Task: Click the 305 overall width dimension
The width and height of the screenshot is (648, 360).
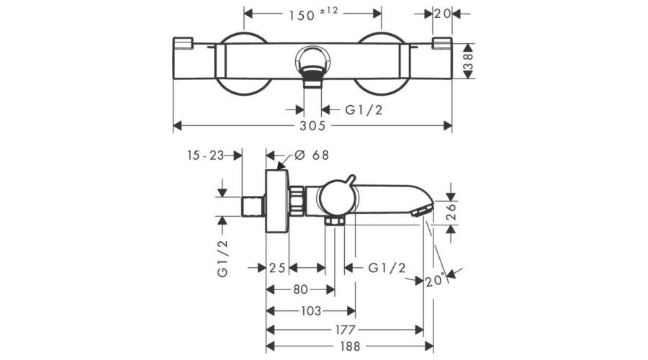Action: point(313,126)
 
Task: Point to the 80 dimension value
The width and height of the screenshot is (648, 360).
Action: point(300,289)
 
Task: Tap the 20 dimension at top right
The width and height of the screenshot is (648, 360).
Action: point(442,14)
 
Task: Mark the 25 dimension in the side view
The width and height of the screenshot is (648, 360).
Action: point(276,268)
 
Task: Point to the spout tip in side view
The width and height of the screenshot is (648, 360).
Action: point(422,210)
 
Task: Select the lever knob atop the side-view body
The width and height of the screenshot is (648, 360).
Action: point(349,179)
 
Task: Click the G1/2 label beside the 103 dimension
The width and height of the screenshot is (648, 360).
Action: point(387,268)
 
